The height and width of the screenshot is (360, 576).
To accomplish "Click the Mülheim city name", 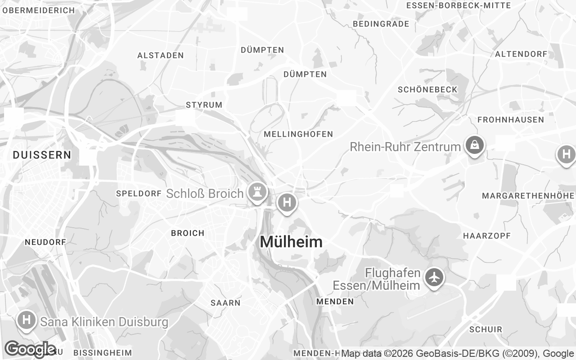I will pos(291,242).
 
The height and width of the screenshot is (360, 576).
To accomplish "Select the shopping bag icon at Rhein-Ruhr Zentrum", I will pos(474,145).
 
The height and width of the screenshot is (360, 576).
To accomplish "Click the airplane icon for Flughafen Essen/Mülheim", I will pos(434,277).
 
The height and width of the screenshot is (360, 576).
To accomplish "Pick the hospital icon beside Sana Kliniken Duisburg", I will pos(27,321).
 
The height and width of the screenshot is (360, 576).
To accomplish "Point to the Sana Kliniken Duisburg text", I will pos(104,322).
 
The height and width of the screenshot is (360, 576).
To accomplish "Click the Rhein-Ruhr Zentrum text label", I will pos(405,147).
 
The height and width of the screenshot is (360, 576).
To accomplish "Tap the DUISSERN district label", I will pos(42,155).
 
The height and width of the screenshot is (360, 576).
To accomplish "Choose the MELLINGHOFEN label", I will pos(298,134).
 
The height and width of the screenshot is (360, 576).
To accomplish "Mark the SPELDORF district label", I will pos(139,193).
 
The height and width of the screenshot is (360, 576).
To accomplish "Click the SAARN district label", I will pos(225,303).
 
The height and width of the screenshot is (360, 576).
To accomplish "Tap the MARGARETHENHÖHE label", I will pos(528,196).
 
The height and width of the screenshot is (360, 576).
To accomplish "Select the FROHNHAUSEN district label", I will pos(510,120).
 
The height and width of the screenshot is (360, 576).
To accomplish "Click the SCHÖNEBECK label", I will pos(427,90).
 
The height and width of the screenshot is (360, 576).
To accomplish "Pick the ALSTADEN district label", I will pos(160,55).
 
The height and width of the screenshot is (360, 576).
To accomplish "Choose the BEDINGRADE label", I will pos(381,24).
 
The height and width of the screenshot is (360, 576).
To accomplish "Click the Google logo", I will pos(30,349).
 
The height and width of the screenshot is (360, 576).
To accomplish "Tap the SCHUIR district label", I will pos(486,329).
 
